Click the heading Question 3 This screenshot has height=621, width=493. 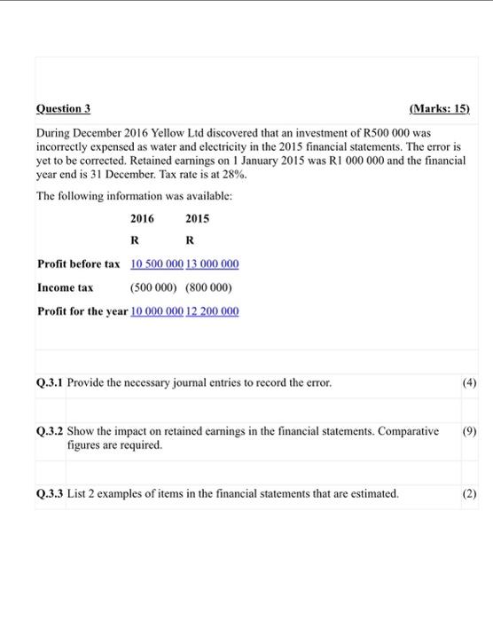[64, 109]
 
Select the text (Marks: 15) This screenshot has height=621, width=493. [440, 109]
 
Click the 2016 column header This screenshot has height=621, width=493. [142, 217]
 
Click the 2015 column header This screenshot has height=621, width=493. [198, 217]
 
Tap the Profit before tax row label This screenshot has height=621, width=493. [78, 264]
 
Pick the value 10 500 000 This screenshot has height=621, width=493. [157, 264]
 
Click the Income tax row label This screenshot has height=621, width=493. [65, 287]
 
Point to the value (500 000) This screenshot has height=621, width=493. [155, 287]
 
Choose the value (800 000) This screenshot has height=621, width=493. [208, 287]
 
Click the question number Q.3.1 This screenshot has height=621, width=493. [51, 382]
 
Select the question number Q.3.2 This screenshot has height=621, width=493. [51, 430]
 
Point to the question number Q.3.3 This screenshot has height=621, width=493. [51, 493]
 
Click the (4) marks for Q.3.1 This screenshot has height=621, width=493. [470, 382]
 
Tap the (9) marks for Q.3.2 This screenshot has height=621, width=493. [470, 430]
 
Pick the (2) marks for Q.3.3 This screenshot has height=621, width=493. [470, 493]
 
